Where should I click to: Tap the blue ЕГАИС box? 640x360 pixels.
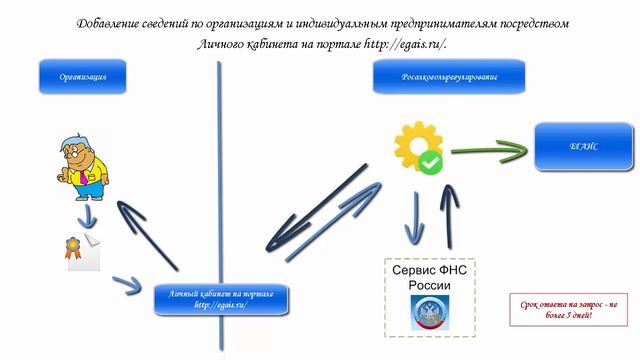584,147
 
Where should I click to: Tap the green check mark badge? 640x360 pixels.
430,161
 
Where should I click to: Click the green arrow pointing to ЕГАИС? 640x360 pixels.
488,150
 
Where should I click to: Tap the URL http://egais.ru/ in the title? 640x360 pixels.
400,44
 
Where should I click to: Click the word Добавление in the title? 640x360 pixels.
113,22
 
